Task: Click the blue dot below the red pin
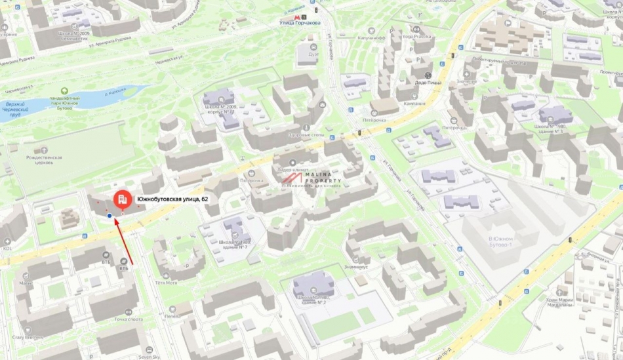(109, 214)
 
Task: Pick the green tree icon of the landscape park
(64, 91)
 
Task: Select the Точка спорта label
(129, 319)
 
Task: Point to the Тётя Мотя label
(166, 283)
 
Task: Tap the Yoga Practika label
(423, 37)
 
